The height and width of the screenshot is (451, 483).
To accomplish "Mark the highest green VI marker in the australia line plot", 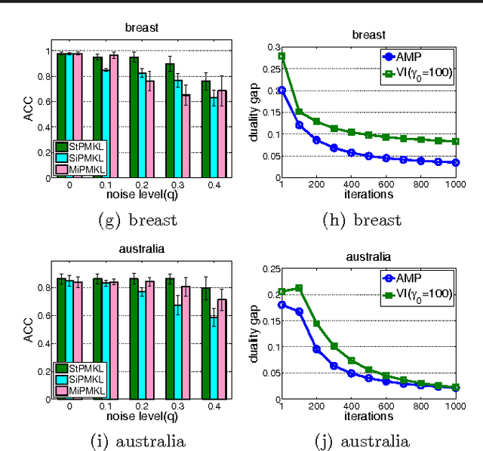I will (x=299, y=287).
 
